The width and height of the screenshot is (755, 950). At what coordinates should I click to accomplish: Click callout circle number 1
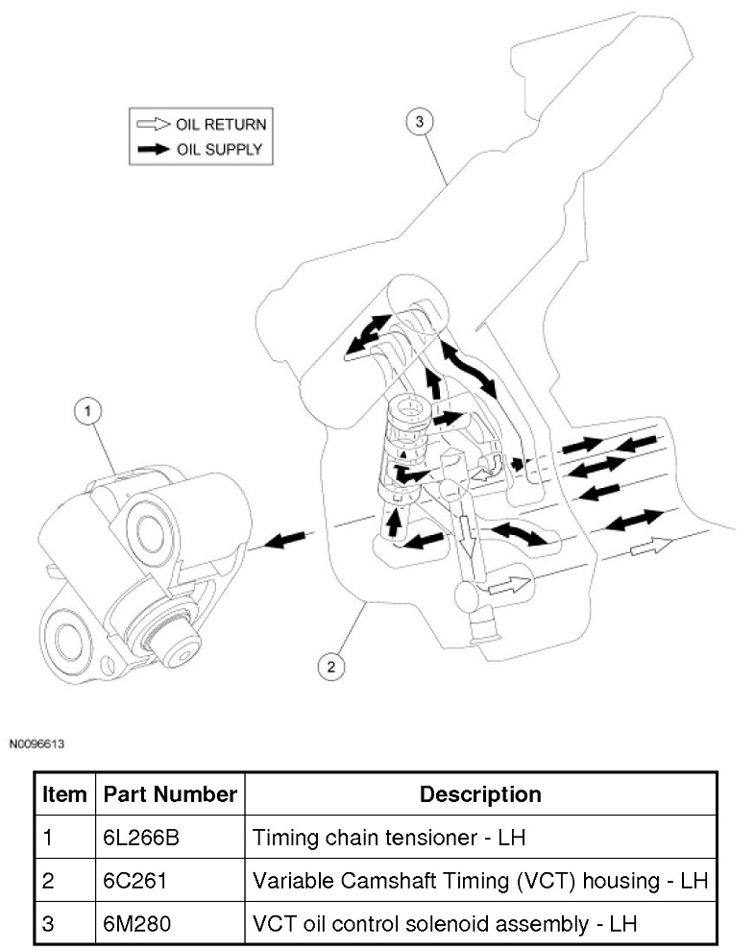coord(87,411)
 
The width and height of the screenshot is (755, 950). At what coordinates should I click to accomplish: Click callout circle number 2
coord(331,666)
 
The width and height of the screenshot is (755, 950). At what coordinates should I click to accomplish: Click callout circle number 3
coord(419,122)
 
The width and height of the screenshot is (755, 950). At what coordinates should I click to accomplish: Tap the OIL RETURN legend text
coord(220,124)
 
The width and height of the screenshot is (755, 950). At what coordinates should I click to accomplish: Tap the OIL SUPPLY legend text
coord(218,149)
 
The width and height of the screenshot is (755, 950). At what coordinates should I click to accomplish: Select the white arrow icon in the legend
coord(153,124)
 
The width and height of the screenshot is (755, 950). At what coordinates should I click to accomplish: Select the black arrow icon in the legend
coord(153,149)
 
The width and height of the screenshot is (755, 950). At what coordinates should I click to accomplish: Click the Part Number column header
coord(169,794)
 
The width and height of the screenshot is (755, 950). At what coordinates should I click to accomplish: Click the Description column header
coord(480,794)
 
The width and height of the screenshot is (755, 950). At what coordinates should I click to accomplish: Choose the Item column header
coord(64,794)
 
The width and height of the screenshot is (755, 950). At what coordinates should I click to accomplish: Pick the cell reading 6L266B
coord(141,838)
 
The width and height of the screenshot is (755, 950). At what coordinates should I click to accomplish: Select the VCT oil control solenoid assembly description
coord(445,924)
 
